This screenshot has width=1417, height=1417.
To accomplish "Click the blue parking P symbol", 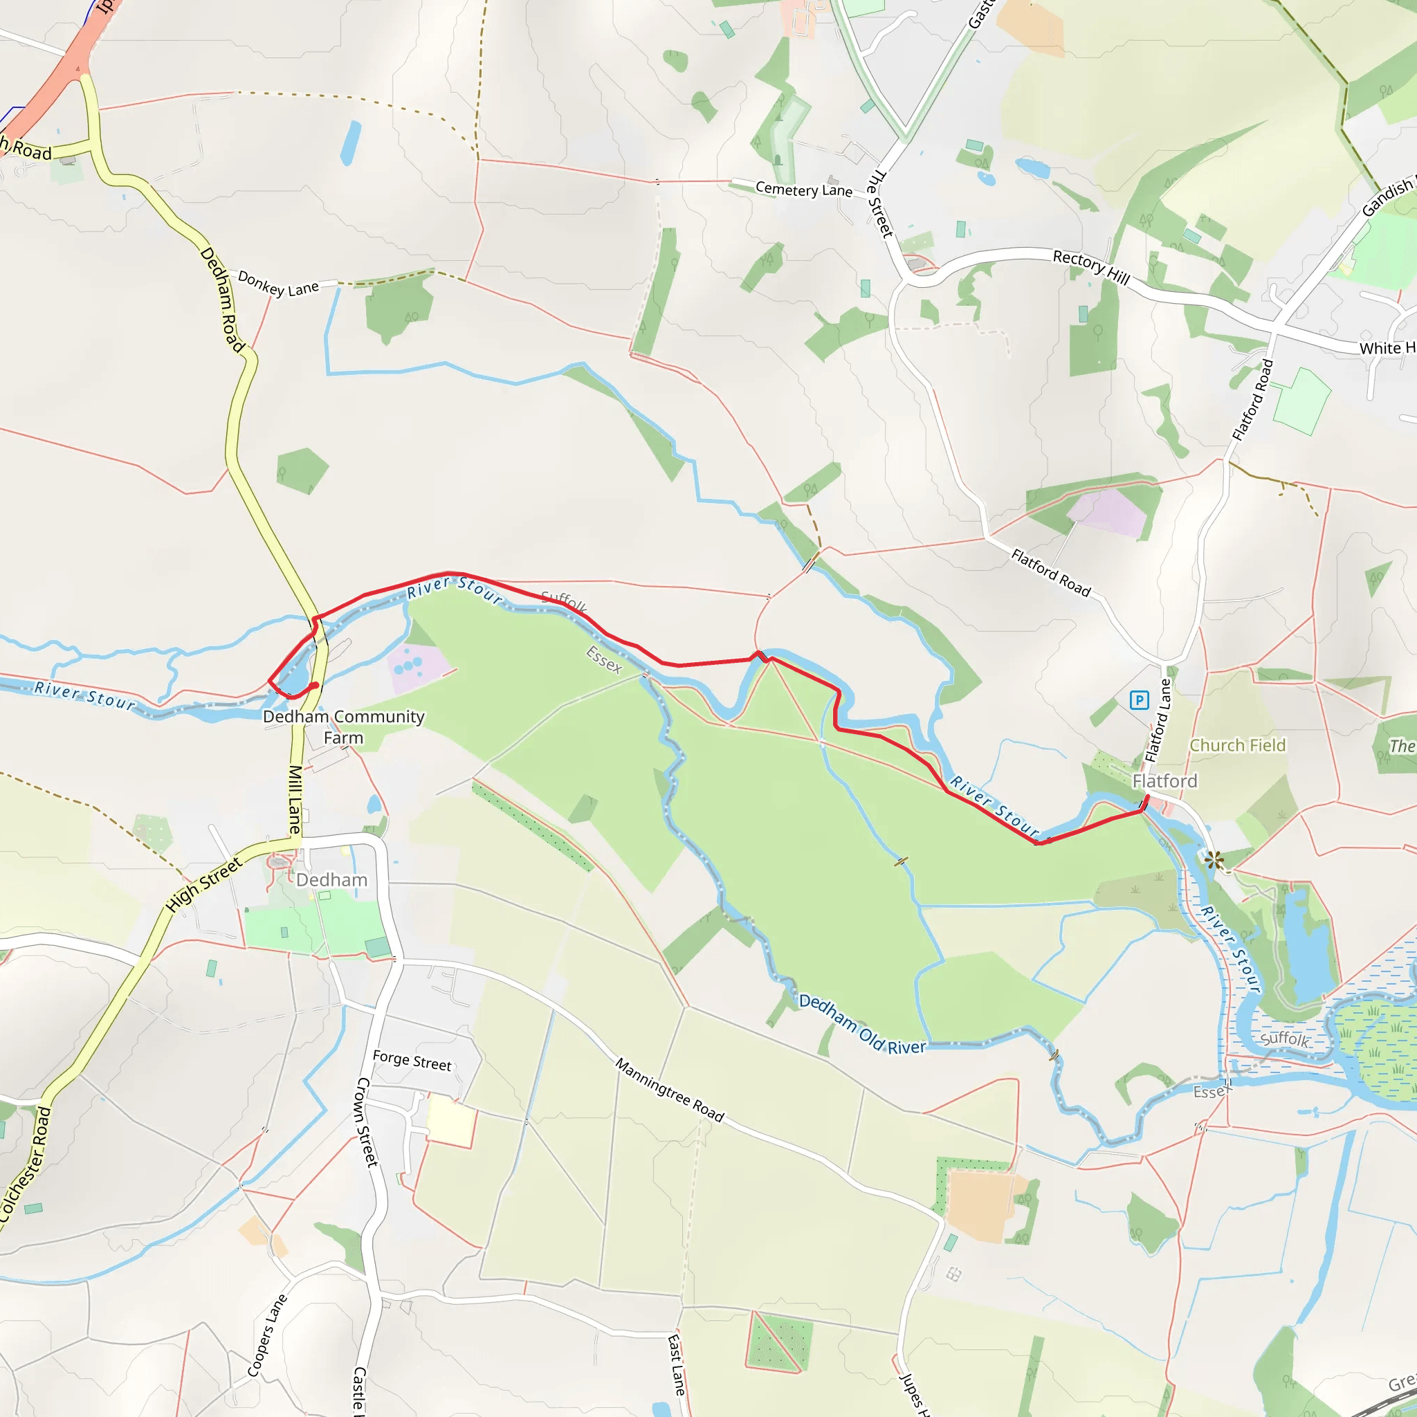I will point(1139,700).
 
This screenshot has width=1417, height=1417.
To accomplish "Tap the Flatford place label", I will point(1164,781).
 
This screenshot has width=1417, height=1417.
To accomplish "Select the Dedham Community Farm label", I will point(343,727).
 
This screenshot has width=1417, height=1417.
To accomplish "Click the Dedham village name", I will point(331,880).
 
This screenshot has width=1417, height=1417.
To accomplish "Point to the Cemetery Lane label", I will point(804,190).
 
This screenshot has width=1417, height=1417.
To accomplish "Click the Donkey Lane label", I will point(278,284).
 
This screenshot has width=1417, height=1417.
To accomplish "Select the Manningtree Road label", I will point(669,1090).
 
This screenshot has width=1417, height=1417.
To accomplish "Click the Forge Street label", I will point(412,1061).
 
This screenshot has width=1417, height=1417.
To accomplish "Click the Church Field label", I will point(1237,745).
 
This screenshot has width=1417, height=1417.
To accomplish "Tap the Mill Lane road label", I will point(295,799).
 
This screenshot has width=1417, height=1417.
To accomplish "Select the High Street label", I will point(204,884).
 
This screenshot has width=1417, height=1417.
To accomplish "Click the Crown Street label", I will point(367,1122).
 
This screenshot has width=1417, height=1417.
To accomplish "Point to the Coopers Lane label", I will point(267,1335).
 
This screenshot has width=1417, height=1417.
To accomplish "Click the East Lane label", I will point(676,1365).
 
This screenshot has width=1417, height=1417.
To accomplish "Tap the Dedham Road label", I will point(222,299).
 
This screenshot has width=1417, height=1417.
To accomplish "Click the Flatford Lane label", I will point(1159,720).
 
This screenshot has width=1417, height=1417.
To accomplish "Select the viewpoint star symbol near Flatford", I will point(1214,859).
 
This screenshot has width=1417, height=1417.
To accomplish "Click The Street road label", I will point(879,204).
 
